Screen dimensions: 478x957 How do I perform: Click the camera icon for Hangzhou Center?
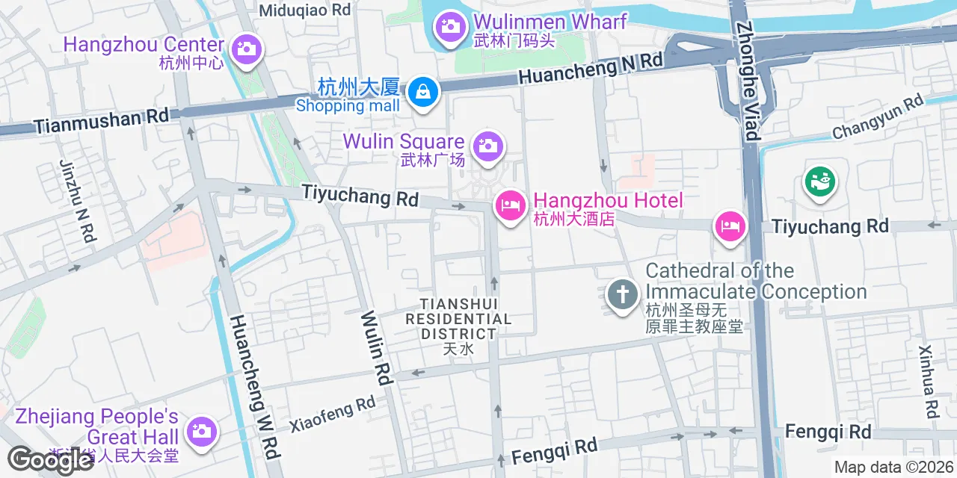point(245,49)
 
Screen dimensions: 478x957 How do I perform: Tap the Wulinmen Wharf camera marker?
point(450,26)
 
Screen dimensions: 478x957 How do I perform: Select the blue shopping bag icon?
point(423,93)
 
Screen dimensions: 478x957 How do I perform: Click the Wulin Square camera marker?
point(487,145)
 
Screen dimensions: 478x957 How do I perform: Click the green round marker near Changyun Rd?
point(819,181)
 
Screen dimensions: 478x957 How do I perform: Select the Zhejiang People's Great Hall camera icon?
point(201,431)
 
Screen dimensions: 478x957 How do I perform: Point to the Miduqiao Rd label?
point(305,10)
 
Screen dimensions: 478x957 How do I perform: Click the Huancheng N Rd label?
point(590,68)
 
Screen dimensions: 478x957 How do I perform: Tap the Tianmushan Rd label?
point(102,121)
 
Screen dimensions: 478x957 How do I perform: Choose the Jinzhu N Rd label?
point(76,201)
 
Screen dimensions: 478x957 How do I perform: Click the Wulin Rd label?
point(377,348)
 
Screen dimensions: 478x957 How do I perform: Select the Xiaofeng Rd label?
point(332,414)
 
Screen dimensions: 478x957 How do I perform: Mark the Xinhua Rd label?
point(929,382)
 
